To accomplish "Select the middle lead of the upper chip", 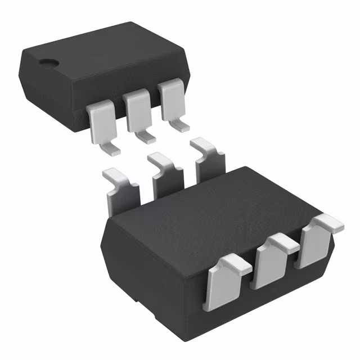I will coord(137,110).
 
